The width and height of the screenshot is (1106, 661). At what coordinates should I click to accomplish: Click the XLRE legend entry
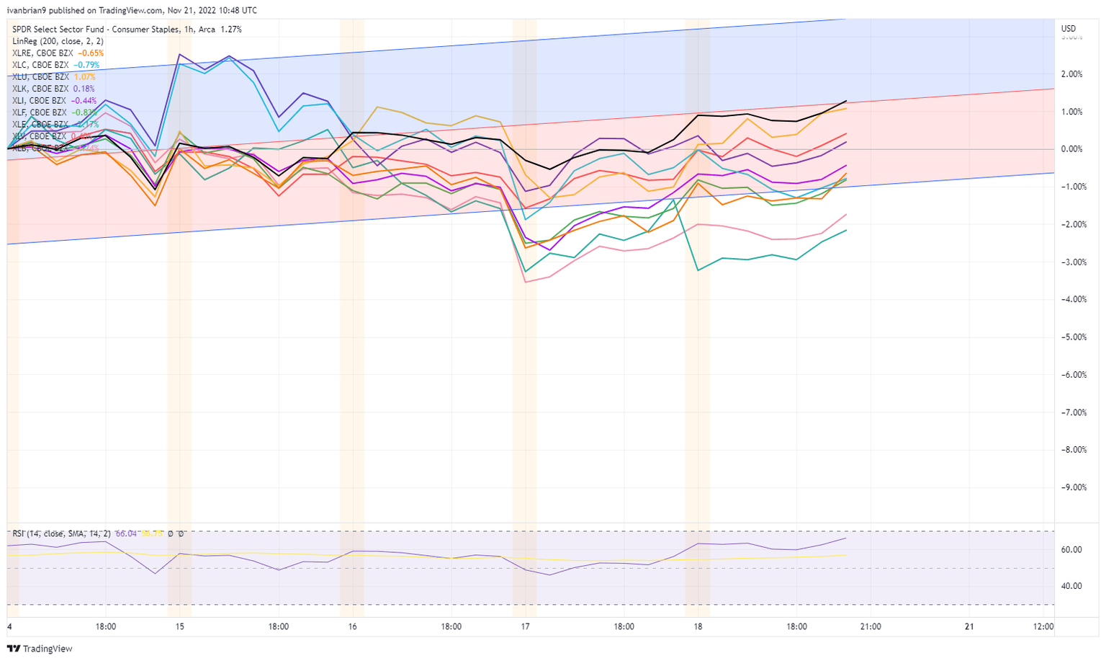click(x=58, y=53)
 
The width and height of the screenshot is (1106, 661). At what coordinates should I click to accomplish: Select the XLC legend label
click(x=55, y=65)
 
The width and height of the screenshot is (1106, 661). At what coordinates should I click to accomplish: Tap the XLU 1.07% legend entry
click(x=53, y=77)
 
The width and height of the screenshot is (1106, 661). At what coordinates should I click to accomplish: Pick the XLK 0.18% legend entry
click(x=53, y=89)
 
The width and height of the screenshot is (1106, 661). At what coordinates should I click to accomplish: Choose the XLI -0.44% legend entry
click(x=54, y=101)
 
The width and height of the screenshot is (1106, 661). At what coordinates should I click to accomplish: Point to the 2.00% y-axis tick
click(x=1071, y=74)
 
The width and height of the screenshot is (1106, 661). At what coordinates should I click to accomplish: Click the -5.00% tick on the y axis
click(x=1070, y=337)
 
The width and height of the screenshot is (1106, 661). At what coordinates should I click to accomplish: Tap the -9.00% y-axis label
click(x=1070, y=487)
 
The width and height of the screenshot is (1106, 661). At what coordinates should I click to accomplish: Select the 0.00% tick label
click(x=1071, y=149)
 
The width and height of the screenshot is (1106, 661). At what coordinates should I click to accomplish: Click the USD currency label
click(x=1069, y=29)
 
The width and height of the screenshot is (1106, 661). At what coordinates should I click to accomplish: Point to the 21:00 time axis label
click(x=871, y=626)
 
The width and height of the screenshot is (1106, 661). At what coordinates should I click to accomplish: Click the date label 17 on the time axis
click(x=526, y=626)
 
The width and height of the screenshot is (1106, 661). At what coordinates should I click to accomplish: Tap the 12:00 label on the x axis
click(x=1043, y=626)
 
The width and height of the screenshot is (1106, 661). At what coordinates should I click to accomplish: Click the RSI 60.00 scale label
click(x=1071, y=549)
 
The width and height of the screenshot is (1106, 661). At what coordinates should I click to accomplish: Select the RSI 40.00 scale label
click(x=1071, y=586)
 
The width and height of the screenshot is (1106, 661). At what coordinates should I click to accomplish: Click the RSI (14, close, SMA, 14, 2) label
click(x=61, y=533)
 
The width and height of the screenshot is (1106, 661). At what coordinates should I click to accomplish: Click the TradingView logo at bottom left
click(x=40, y=649)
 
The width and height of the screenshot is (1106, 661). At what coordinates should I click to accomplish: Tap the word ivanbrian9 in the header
click(x=26, y=11)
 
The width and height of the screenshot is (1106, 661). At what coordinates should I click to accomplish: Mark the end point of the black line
click(x=846, y=101)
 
